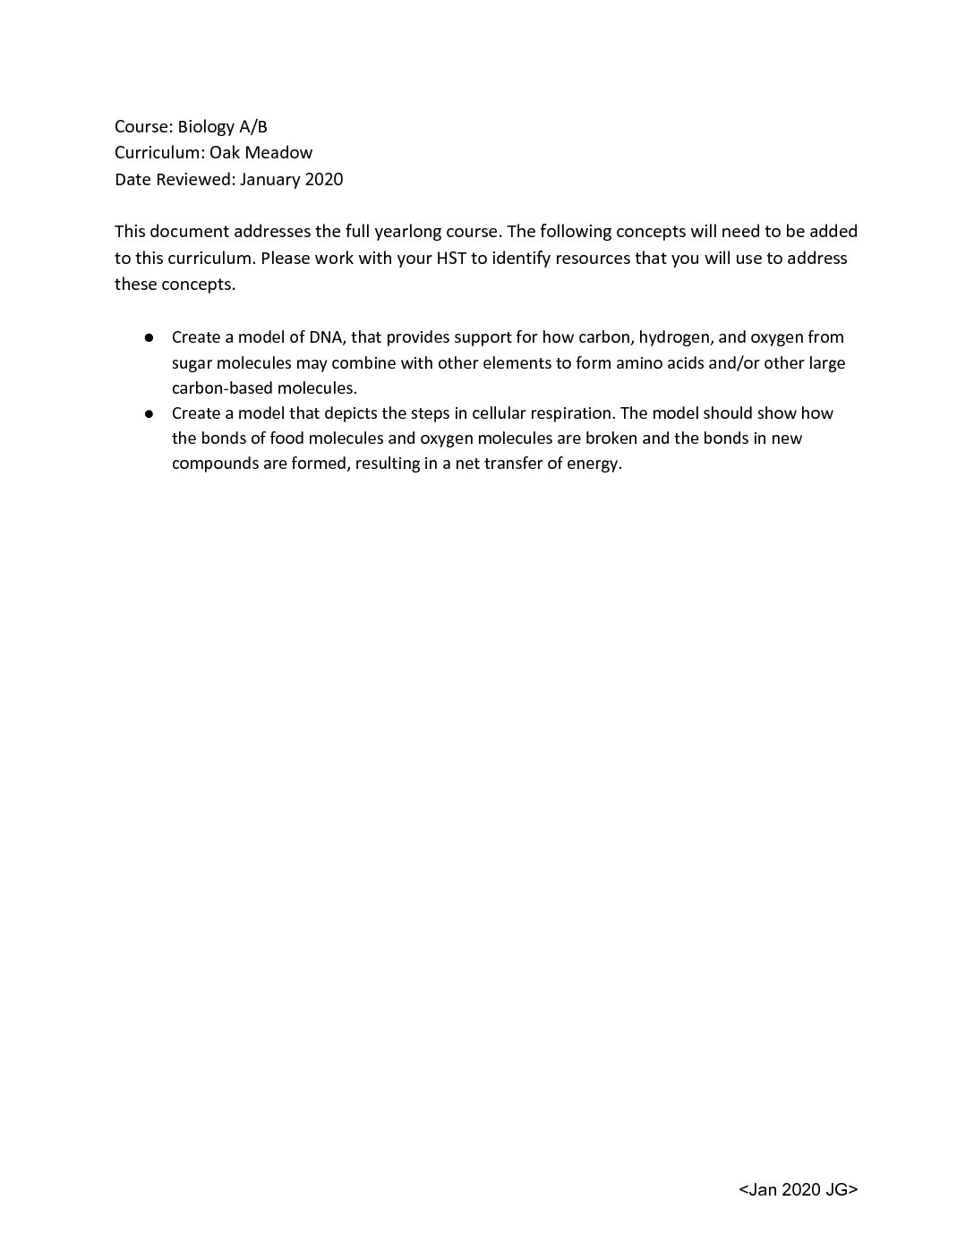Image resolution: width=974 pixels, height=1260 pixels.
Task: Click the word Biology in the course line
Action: coord(205,127)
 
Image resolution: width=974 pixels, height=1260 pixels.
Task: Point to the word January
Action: coord(270,179)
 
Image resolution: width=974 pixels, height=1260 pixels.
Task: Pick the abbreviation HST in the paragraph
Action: coord(444,259)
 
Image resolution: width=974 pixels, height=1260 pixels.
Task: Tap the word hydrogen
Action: coord(671,337)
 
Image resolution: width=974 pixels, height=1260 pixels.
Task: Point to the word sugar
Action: coord(192,363)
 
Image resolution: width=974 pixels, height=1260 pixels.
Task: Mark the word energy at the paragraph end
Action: coord(594,464)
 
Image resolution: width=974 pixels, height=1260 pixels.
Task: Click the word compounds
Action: coord(214,464)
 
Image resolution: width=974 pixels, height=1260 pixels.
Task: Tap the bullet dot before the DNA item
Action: coord(150,338)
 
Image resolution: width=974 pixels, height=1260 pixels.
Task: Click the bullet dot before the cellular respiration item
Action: coord(150,413)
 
